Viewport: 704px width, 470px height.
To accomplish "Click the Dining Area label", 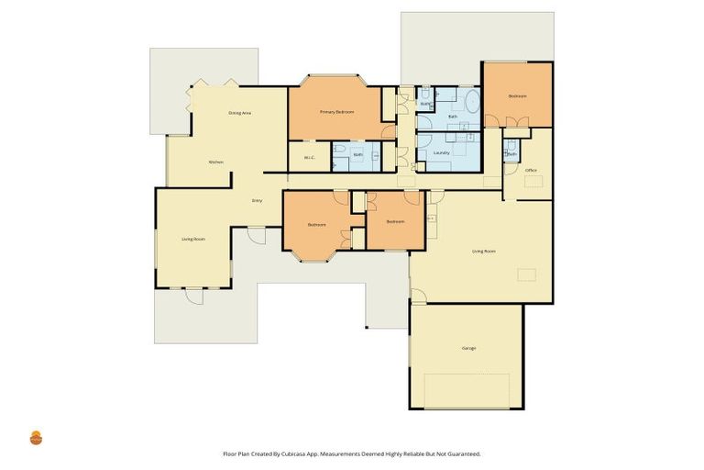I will pos(240,112).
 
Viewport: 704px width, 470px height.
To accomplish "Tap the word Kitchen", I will pos(216,162).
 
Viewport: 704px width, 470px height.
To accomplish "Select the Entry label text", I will pos(258,200).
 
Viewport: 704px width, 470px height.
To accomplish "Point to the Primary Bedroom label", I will pos(336,111).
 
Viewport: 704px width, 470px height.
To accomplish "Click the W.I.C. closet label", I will pos(310,156).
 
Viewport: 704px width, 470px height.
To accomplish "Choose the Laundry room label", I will pos(453,152).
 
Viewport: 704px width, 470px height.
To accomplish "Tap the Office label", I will pos(531,171).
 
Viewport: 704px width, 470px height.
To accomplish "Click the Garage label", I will pos(468,348).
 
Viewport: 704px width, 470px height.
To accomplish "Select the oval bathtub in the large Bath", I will pos(468,102).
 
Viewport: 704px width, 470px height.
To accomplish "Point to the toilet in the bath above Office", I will pos(511,145).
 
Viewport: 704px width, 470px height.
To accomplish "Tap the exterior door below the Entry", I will pos(256,236).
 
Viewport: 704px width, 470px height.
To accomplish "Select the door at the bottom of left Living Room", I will pos(194,295).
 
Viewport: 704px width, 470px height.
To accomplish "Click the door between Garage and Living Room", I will pos(417,297).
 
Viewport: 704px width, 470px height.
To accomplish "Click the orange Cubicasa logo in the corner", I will pos(37,437).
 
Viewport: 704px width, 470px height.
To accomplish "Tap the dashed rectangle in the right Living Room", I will pos(526,274).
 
